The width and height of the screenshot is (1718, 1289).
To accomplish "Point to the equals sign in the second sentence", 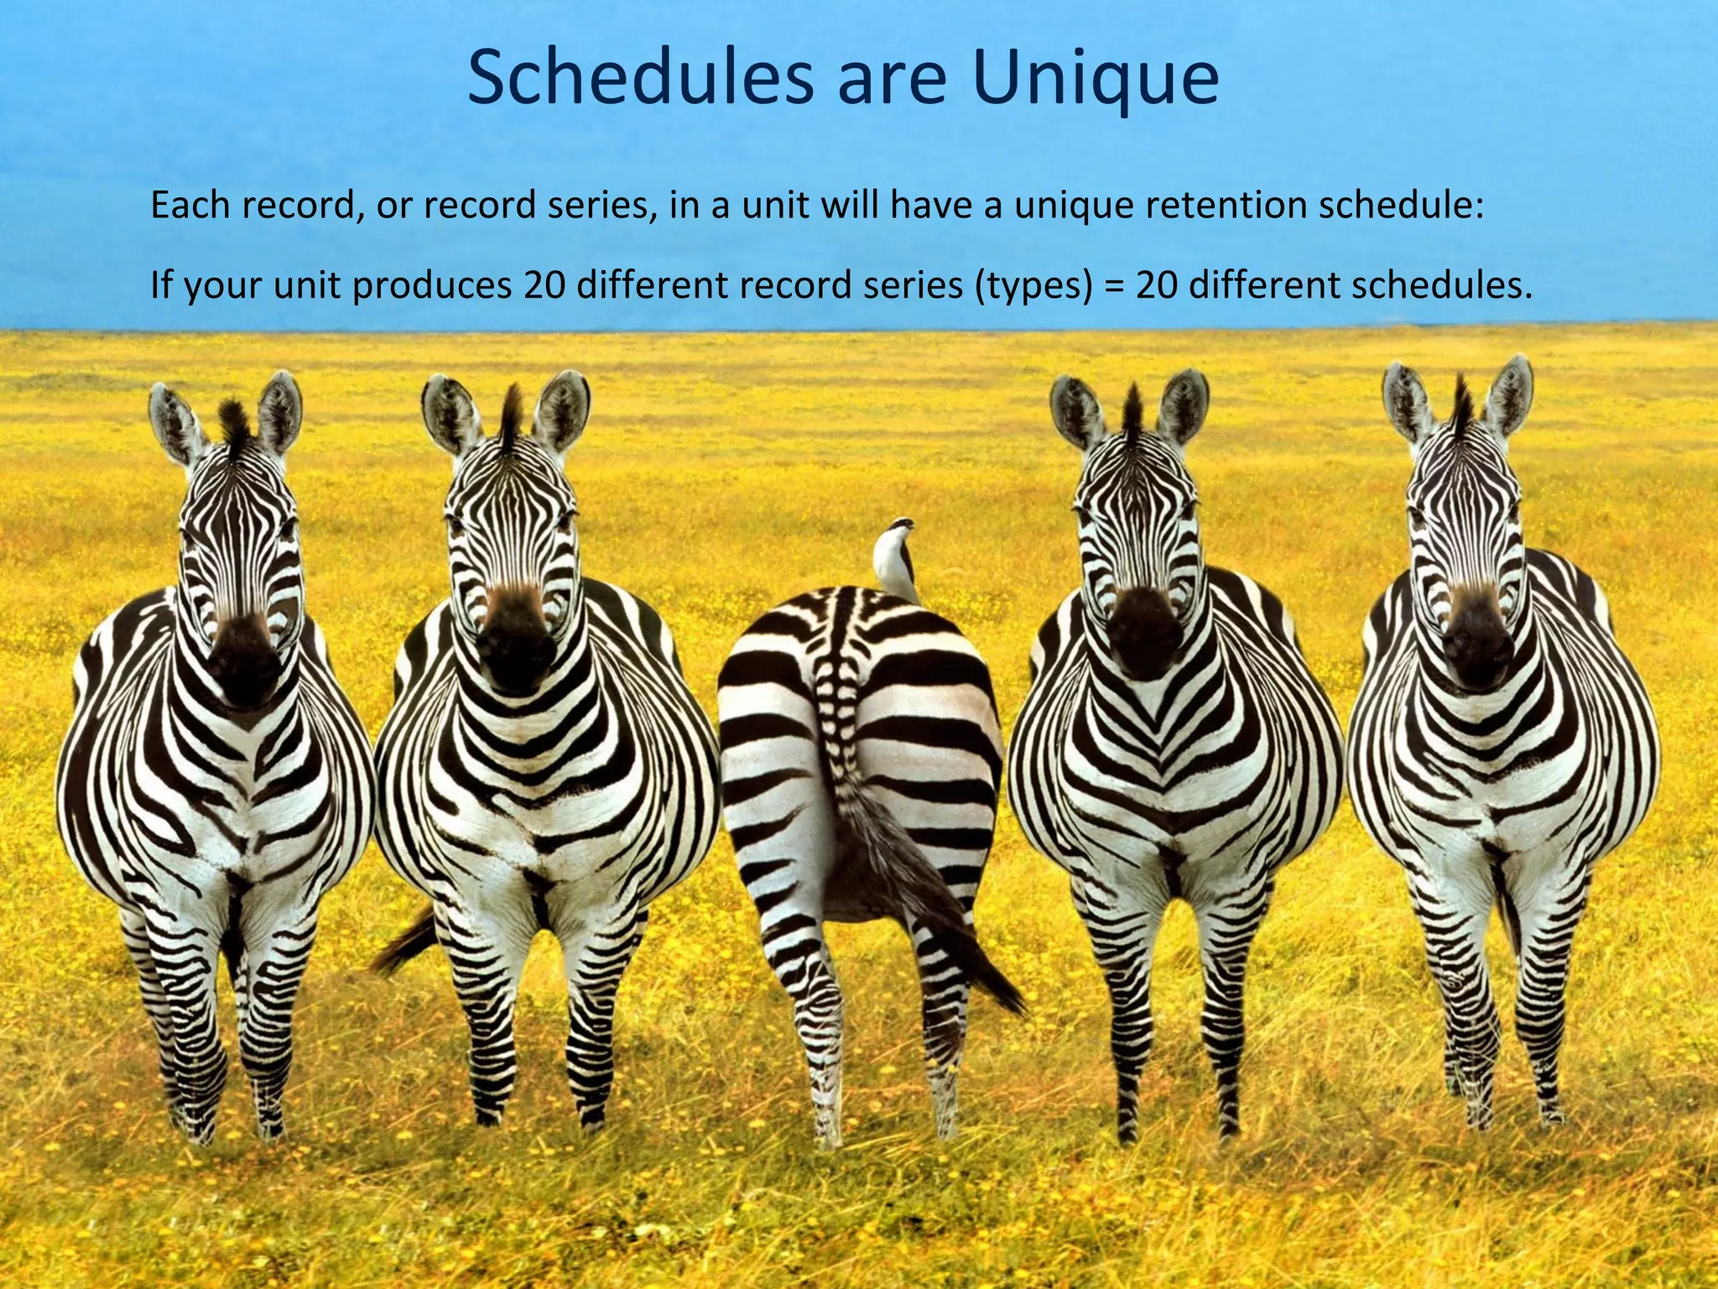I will click(x=1113, y=285).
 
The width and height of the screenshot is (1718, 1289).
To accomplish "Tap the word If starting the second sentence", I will click(x=160, y=285).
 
